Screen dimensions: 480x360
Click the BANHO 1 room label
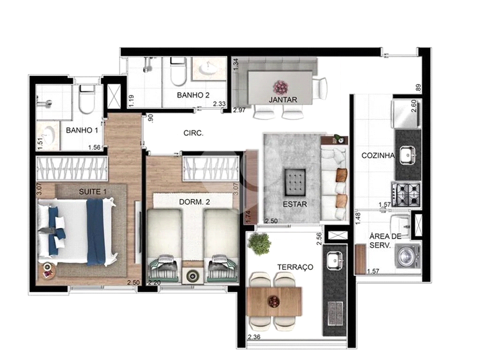pyautogui.click(x=82, y=131)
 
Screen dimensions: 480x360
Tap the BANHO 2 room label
pyautogui.click(x=193, y=95)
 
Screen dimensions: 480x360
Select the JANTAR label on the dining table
pyautogui.click(x=283, y=100)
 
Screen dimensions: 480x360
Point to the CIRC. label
pyautogui.click(x=194, y=133)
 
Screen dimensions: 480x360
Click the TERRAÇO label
pyautogui.click(x=295, y=267)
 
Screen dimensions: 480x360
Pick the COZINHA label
pyautogui.click(x=378, y=155)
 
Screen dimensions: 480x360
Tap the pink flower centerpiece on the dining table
pyautogui.click(x=280, y=87)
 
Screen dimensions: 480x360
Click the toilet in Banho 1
pyautogui.click(x=87, y=99)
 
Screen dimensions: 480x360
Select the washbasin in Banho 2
pyautogui.click(x=209, y=69)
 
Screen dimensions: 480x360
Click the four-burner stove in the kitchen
pyautogui.click(x=406, y=194)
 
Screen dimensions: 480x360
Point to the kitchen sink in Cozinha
pyautogui.click(x=408, y=155)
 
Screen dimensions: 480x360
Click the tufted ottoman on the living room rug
pyautogui.click(x=295, y=182)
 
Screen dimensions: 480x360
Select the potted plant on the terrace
pyautogui.click(x=259, y=244)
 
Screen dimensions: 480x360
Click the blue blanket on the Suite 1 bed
pyautogui.click(x=96, y=232)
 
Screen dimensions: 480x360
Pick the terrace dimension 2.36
pyautogui.click(x=254, y=337)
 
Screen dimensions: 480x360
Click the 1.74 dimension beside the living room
pyautogui.click(x=248, y=217)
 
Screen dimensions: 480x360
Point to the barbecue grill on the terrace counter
pyautogui.click(x=335, y=313)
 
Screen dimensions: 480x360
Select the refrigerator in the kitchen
pyautogui.click(x=406, y=114)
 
